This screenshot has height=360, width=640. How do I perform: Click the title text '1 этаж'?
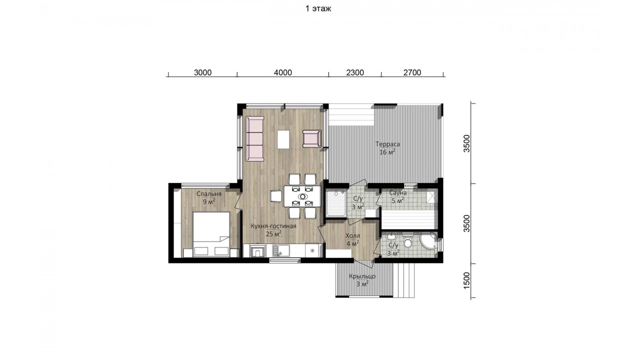pos(318,8)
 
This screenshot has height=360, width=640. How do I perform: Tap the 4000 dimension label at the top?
pos(283,72)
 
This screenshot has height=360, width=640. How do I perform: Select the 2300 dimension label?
pos(355,72)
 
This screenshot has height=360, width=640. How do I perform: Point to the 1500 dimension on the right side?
pos(466,280)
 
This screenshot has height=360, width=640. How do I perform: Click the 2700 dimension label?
pos(412,72)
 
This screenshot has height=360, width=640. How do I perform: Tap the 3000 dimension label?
pos(202,72)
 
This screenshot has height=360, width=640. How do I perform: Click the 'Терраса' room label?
pos(387,144)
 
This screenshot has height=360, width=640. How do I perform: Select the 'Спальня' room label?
pos(209,194)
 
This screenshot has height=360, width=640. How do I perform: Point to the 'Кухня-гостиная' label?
pos(273,226)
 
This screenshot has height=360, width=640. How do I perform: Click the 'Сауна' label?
pos(397,193)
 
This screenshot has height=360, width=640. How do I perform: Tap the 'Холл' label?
pos(353,236)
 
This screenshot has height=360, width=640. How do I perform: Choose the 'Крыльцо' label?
pos(362,276)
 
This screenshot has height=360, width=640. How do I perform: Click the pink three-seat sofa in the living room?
pos(254,138)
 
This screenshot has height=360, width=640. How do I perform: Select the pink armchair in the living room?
pos(312,139)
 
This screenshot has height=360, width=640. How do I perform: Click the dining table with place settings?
pos(302,196)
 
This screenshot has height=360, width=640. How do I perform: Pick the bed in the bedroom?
pos(211,234)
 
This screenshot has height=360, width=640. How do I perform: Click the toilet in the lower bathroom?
pos(407,241)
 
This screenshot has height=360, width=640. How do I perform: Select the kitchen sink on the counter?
pos(281,251)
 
